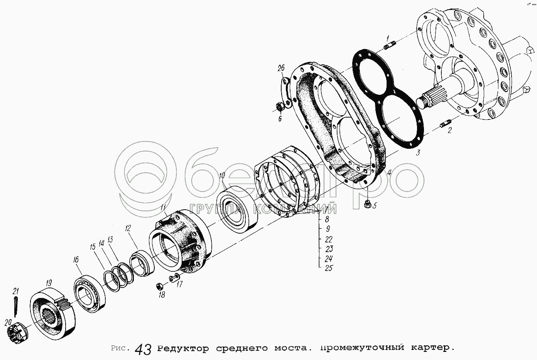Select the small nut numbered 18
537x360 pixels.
(159, 286)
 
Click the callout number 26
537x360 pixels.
(281, 69)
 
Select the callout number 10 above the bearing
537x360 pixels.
(222, 176)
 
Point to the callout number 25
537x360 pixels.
(329, 268)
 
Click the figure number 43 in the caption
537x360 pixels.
(143, 350)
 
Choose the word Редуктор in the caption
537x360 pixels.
(183, 348)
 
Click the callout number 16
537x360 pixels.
(76, 260)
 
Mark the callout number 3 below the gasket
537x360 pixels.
(418, 153)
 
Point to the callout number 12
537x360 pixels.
(128, 228)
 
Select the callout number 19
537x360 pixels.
(49, 283)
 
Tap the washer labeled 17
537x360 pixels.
(174, 278)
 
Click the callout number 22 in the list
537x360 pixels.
(329, 239)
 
